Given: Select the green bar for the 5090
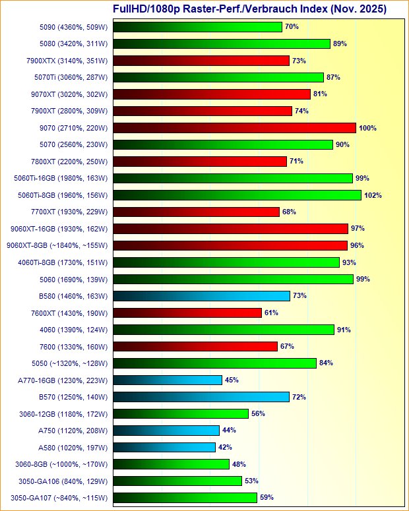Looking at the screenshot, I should (197, 27).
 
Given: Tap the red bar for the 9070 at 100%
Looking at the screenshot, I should (234, 128).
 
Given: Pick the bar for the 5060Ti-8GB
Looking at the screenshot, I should (237, 195).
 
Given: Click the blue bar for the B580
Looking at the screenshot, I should (201, 296).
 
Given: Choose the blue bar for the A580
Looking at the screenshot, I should (164, 447).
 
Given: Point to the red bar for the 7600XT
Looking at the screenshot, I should (187, 313).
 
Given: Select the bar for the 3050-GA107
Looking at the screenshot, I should (185, 498).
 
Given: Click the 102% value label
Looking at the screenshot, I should (373, 195).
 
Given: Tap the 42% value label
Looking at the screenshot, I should (226, 447).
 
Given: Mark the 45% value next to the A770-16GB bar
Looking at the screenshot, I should (232, 380).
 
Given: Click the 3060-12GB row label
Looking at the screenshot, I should (65, 413).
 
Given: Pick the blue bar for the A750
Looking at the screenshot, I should (166, 431).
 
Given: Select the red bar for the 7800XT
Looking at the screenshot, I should (200, 162).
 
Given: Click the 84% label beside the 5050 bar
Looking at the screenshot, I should (326, 363).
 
